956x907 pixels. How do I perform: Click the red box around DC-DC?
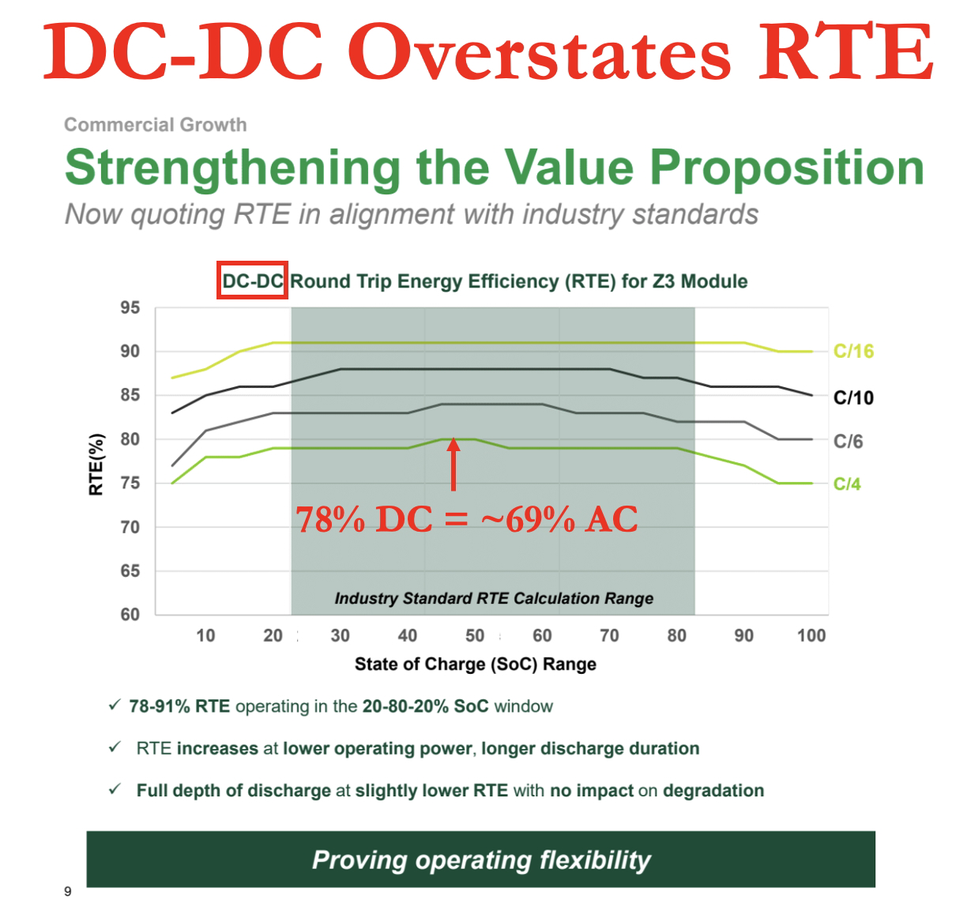(x=252, y=280)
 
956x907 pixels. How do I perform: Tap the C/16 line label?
(x=853, y=352)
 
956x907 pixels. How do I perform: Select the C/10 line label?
(x=853, y=397)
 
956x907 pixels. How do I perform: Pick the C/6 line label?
(x=848, y=442)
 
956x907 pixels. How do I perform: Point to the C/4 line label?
(x=847, y=484)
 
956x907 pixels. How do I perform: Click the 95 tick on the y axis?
(x=130, y=307)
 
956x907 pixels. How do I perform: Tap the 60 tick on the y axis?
(x=130, y=614)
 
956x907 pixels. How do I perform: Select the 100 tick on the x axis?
(x=811, y=635)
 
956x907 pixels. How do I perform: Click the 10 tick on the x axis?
(x=205, y=635)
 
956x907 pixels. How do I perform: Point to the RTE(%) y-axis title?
(x=96, y=465)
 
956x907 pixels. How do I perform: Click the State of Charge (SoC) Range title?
(x=475, y=664)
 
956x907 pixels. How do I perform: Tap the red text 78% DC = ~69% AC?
(x=466, y=519)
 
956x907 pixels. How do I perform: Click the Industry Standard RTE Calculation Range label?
(x=494, y=598)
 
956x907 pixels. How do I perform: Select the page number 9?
(x=68, y=891)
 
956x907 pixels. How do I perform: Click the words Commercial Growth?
(x=155, y=125)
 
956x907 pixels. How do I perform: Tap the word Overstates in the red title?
(x=540, y=52)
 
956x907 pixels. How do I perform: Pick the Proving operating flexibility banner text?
(x=481, y=860)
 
